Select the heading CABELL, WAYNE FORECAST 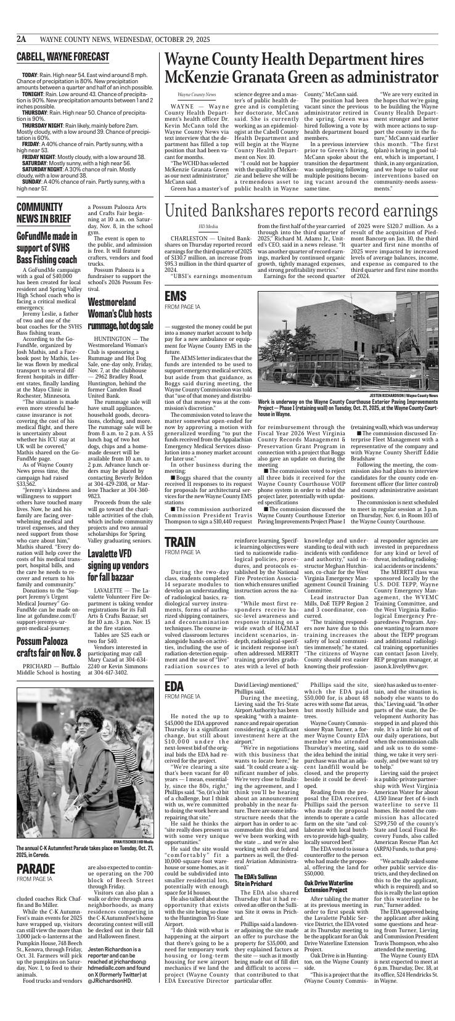coord(63,57)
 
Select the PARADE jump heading coord(37,869)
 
